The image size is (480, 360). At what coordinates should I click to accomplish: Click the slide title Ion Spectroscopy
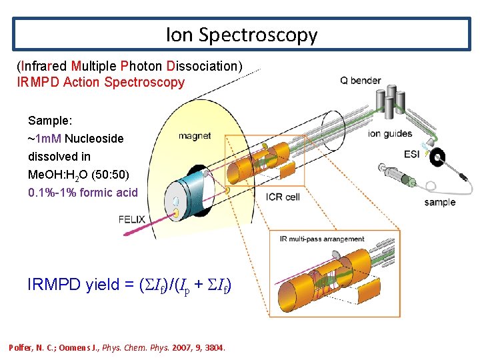[x=241, y=34]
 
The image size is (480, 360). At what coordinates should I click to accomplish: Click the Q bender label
[x=361, y=81]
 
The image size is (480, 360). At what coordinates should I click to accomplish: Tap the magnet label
[x=195, y=136]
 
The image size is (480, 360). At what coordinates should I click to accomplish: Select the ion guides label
[x=390, y=133]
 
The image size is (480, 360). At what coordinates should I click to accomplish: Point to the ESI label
[x=412, y=154]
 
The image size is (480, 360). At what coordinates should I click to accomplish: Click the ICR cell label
[x=283, y=197]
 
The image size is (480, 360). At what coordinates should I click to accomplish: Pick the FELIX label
[x=131, y=219]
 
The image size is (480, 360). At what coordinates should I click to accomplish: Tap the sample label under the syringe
[x=439, y=202]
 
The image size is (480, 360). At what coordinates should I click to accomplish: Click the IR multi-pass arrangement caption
[x=322, y=239]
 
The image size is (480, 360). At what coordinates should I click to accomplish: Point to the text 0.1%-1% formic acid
[x=83, y=193]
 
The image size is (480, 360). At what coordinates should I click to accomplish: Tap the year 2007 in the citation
[x=183, y=348]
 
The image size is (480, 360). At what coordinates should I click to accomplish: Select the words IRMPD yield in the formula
[x=69, y=285]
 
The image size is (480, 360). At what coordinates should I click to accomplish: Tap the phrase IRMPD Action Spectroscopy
[x=101, y=83]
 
